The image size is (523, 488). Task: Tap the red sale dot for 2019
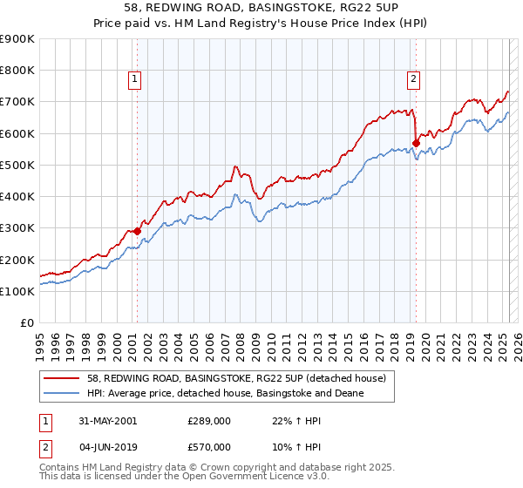click(x=416, y=143)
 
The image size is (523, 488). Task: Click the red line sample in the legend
click(x=62, y=378)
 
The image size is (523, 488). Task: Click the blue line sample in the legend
click(x=62, y=393)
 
